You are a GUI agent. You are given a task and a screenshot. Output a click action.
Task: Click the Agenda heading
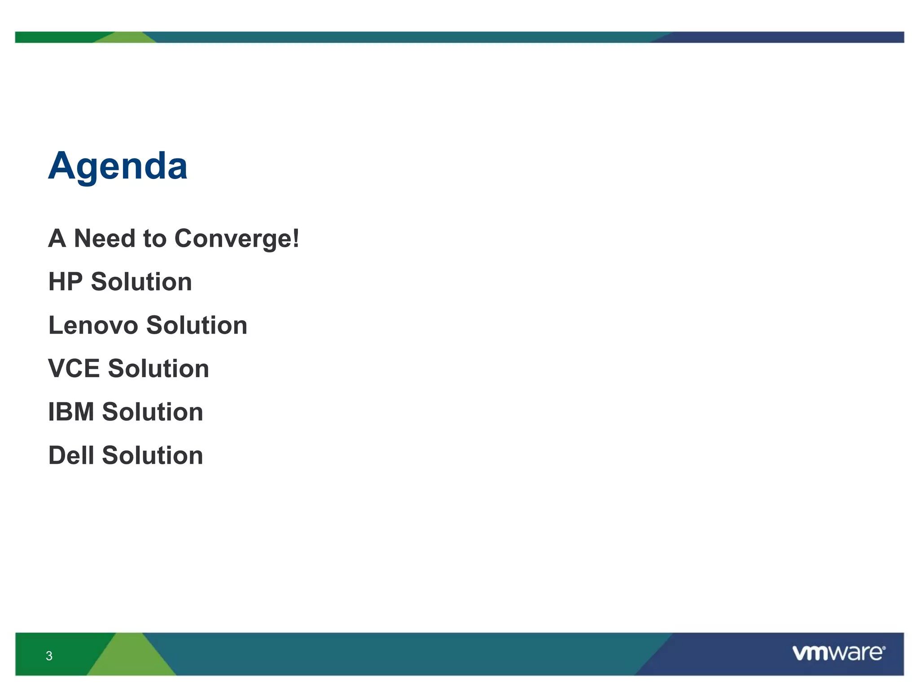click(x=118, y=166)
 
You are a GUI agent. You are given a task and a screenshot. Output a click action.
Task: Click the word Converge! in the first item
click(x=236, y=238)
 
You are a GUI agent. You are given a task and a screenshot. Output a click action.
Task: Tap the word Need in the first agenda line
click(x=104, y=238)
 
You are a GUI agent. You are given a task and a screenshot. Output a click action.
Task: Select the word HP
click(x=66, y=282)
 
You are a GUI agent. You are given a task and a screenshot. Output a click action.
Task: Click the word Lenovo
click(x=93, y=325)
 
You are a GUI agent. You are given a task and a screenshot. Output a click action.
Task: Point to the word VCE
click(x=74, y=369)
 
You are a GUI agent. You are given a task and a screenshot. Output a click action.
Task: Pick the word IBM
click(x=71, y=412)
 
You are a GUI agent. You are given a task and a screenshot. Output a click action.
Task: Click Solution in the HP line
click(x=141, y=282)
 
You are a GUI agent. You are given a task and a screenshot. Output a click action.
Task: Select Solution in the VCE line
click(x=158, y=369)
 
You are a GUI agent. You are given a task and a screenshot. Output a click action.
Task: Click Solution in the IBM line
click(x=153, y=412)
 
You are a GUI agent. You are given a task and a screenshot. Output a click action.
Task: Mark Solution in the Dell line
click(x=153, y=455)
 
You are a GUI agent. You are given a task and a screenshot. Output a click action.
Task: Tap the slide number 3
click(x=49, y=656)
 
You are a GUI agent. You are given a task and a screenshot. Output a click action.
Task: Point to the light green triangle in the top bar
click(x=127, y=38)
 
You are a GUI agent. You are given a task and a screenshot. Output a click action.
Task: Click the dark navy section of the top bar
click(x=790, y=37)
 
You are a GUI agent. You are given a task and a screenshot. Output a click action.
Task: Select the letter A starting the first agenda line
click(x=57, y=238)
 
